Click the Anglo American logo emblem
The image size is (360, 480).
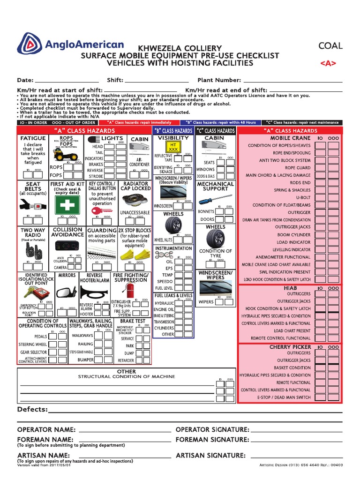tap(30, 45)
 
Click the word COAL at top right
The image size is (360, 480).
tap(330, 46)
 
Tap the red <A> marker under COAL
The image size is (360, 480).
tap(328, 63)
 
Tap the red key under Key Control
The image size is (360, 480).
tap(101, 211)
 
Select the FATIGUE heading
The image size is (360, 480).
tap(33, 138)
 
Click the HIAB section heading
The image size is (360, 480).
tap(291, 287)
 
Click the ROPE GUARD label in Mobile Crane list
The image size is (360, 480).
tap(297, 168)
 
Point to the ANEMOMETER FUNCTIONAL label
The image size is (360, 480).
tap(283, 257)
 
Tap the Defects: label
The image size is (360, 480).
tap(32, 410)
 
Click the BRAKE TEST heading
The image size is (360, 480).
tap(133, 322)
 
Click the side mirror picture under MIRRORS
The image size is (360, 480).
tap(67, 293)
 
